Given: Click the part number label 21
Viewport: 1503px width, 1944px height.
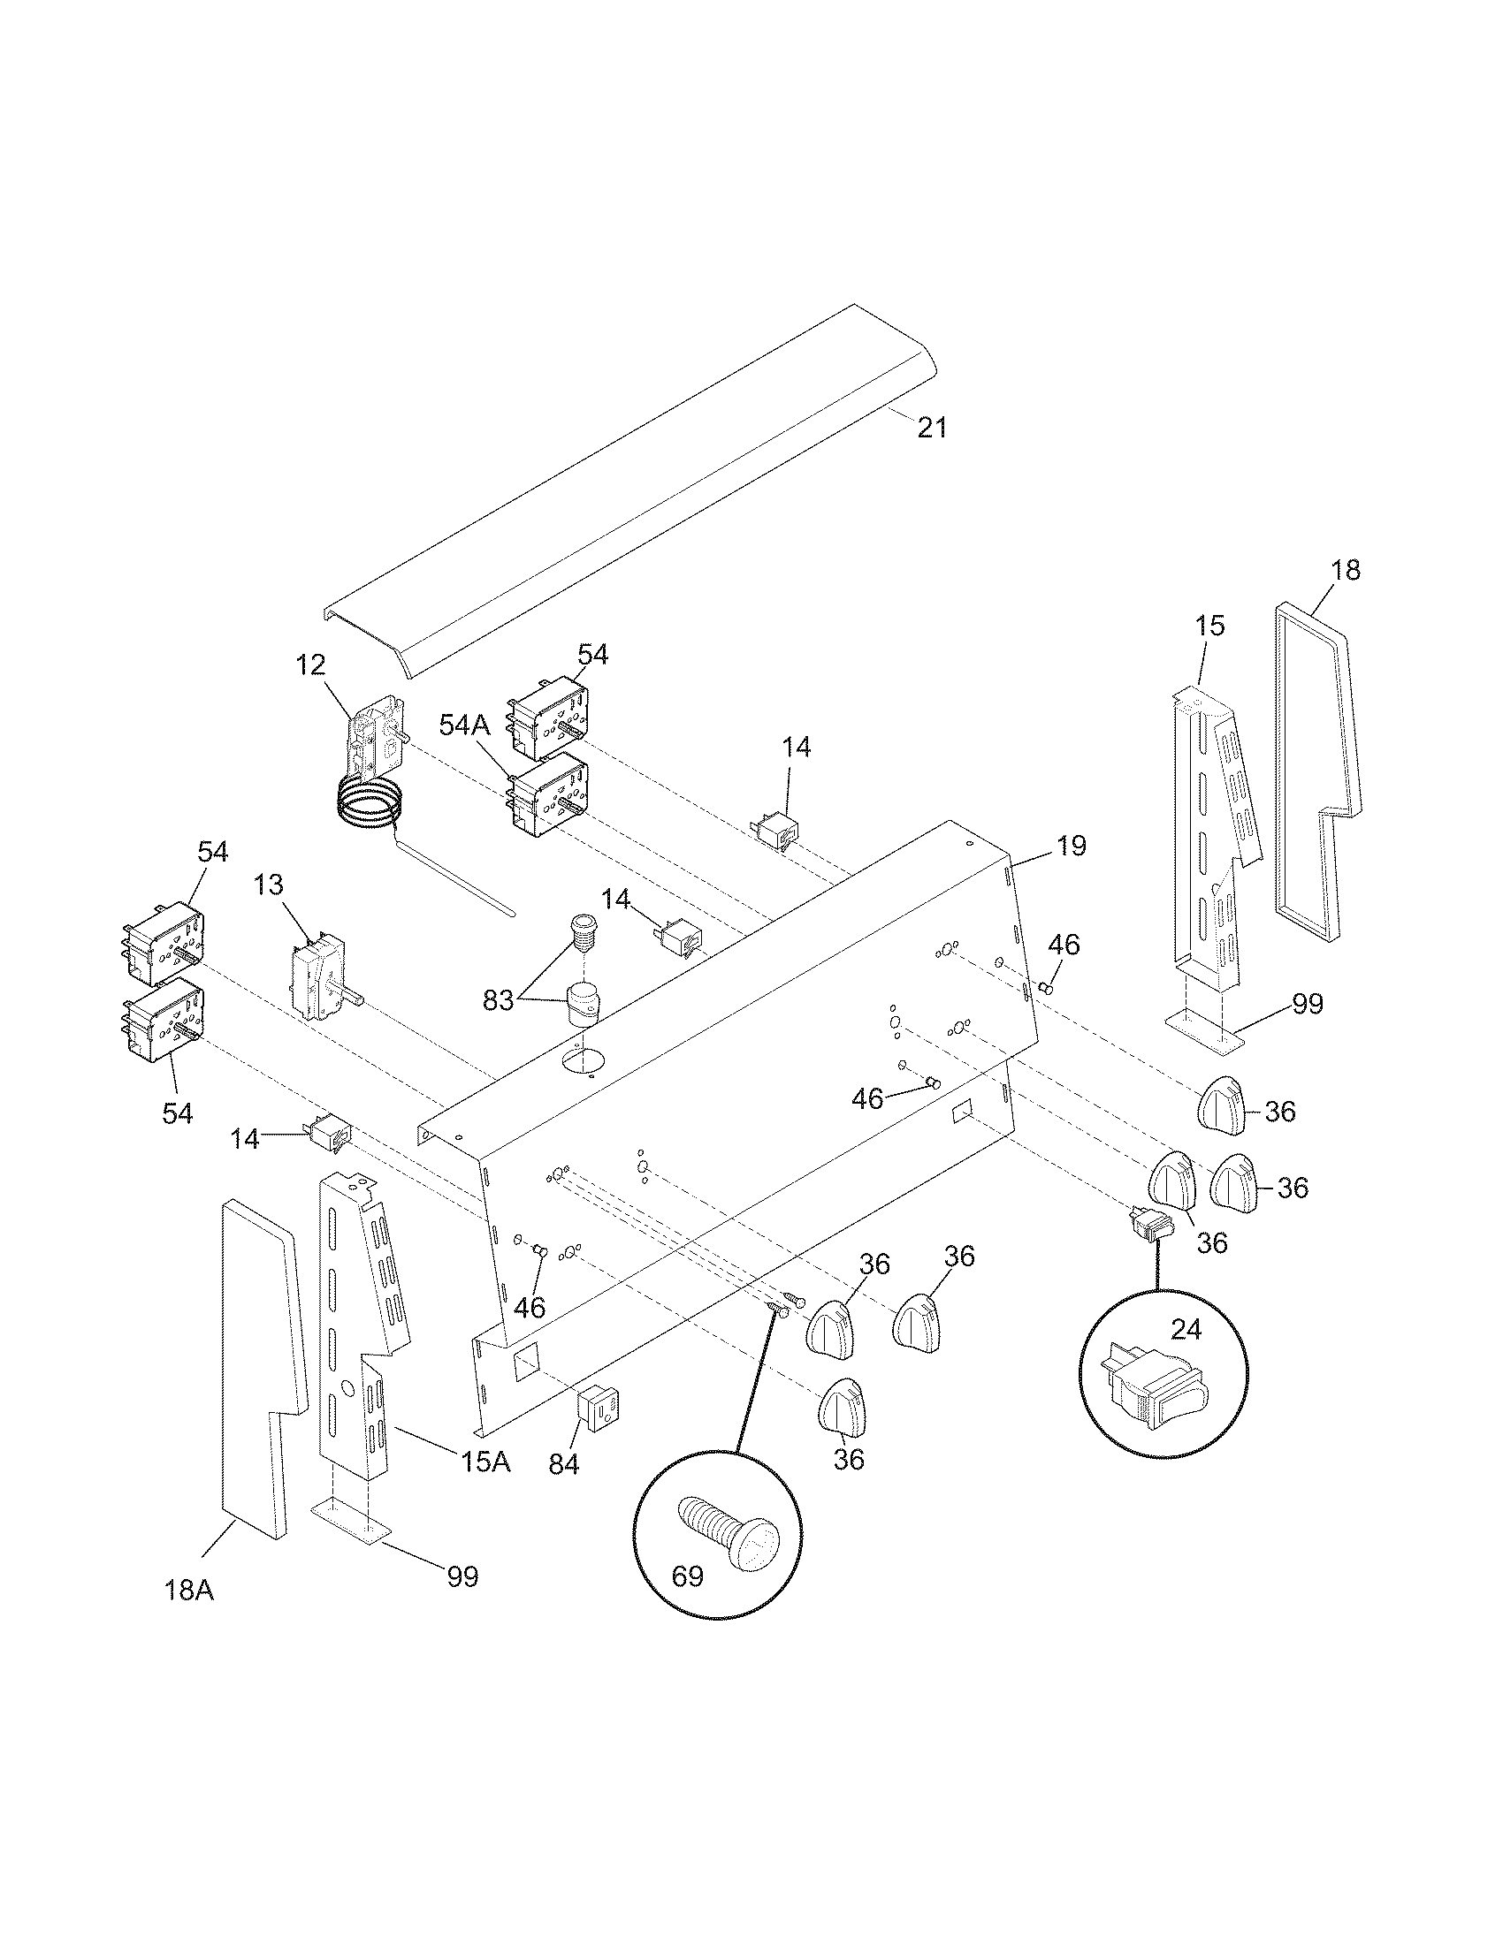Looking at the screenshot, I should [x=932, y=429].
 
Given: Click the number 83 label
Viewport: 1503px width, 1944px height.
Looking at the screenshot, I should [x=499, y=1000].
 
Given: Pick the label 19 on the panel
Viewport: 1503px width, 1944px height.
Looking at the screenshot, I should [x=1072, y=846].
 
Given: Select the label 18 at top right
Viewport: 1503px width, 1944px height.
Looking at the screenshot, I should [x=1346, y=571].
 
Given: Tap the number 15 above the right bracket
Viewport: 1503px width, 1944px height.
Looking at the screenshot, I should [x=1209, y=626].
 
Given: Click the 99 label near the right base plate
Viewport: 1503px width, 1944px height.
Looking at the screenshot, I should [x=1307, y=1004].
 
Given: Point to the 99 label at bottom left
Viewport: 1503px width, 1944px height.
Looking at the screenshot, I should [x=462, y=1576].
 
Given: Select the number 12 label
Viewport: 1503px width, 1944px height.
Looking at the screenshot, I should [x=310, y=664].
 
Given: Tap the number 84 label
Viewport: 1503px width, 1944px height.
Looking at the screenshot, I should [x=564, y=1464].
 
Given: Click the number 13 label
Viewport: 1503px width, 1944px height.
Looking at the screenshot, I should [x=268, y=885].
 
